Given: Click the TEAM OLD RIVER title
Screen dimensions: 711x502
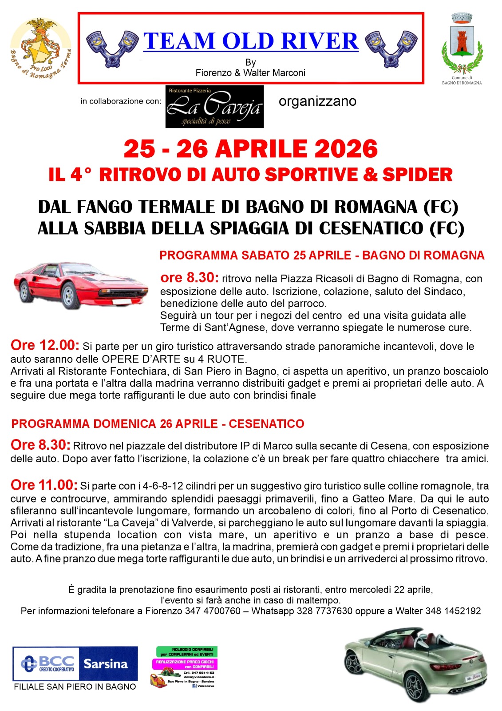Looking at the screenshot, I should (251, 41).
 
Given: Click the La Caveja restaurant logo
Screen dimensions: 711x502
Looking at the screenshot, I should (214, 107).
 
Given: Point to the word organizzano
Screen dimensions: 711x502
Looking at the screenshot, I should (317, 101).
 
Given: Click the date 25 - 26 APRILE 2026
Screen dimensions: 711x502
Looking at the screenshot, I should (250, 149).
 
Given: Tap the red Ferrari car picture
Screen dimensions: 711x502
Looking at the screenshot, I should (80, 284).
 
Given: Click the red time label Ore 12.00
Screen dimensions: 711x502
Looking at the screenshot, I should (45, 345).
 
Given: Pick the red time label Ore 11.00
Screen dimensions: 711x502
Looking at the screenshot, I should (44, 485).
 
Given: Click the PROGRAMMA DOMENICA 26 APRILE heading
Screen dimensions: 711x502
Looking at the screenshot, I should (158, 423).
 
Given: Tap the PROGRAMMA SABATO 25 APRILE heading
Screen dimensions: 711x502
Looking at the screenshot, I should (322, 256).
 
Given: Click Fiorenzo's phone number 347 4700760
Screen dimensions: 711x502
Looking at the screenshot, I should (213, 611).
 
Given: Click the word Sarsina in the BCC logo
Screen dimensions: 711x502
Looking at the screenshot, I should (106, 664).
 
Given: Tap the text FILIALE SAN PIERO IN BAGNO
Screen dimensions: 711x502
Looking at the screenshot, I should (75, 687).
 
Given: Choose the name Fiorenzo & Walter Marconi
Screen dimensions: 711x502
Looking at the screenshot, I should (250, 73).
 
